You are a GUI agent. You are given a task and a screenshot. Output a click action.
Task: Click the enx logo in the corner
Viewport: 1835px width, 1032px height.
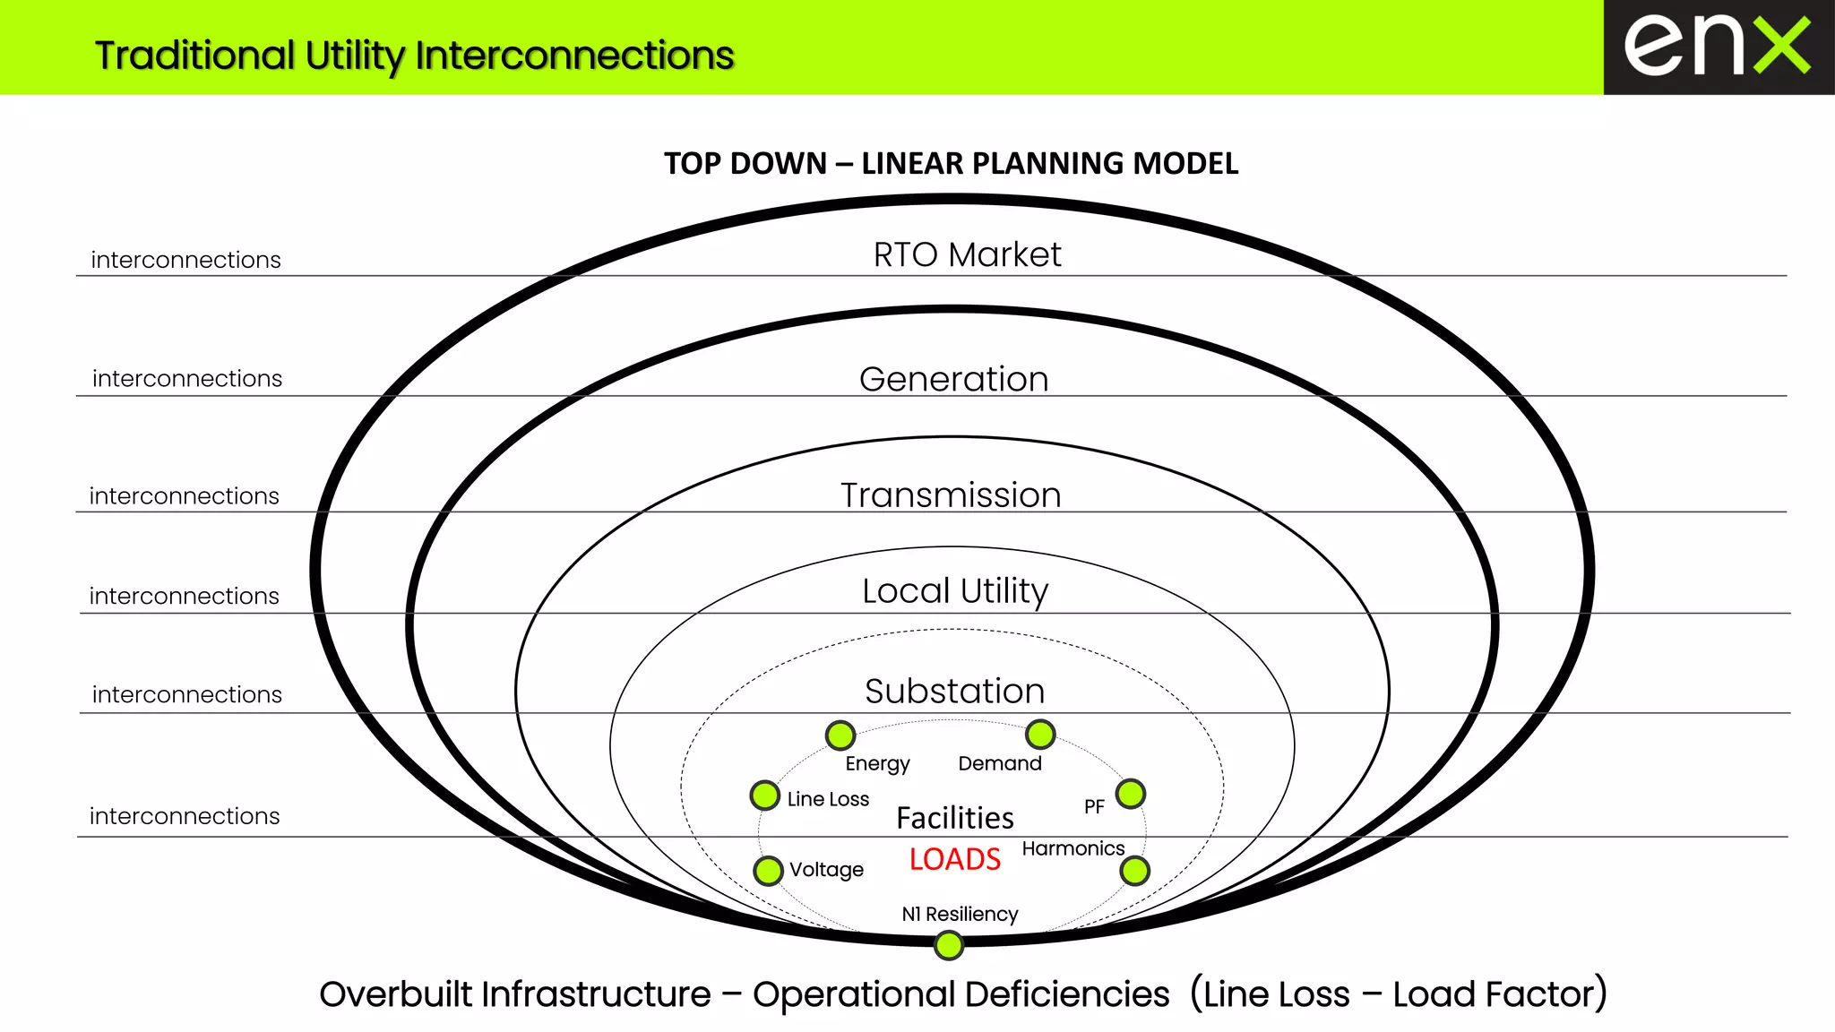(x=1718, y=47)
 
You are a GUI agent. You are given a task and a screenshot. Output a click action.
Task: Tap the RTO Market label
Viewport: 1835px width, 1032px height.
(x=967, y=255)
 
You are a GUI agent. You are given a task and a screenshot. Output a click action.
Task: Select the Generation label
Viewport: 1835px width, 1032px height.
(x=953, y=380)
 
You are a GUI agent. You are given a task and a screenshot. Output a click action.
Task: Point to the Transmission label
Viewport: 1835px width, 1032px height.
(x=951, y=495)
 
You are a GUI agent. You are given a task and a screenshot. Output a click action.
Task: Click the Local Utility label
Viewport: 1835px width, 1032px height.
(x=955, y=591)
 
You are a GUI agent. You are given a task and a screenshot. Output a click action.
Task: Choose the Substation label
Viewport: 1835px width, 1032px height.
(x=954, y=692)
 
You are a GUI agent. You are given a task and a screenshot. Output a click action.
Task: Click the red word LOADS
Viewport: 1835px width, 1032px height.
(x=954, y=860)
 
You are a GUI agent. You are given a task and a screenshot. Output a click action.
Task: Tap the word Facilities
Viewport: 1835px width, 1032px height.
(x=955, y=818)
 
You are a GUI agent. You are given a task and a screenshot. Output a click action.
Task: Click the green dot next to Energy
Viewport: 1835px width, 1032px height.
(x=840, y=735)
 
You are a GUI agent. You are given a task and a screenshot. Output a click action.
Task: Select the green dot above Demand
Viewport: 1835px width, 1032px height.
(x=1040, y=735)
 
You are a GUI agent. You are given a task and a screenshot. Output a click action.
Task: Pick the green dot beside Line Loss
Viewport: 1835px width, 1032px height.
(x=765, y=795)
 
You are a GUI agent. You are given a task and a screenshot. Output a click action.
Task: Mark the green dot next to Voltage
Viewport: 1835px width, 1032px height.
(x=768, y=871)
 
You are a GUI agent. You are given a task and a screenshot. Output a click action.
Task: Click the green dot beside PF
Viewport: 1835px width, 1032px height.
(x=1131, y=794)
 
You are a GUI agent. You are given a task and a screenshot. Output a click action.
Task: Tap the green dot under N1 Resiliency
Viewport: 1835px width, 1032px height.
(x=949, y=945)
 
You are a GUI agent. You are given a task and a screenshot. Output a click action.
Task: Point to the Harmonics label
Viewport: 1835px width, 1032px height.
(x=1073, y=848)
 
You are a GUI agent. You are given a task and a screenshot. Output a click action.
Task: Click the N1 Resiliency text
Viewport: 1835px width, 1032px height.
(x=960, y=914)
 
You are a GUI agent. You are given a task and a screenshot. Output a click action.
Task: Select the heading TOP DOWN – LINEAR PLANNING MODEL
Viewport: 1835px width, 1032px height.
(x=951, y=164)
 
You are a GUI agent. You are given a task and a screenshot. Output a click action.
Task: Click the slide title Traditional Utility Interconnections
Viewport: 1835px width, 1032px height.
(x=414, y=56)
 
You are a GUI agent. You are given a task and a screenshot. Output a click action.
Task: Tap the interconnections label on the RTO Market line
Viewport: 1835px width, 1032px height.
(x=185, y=260)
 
